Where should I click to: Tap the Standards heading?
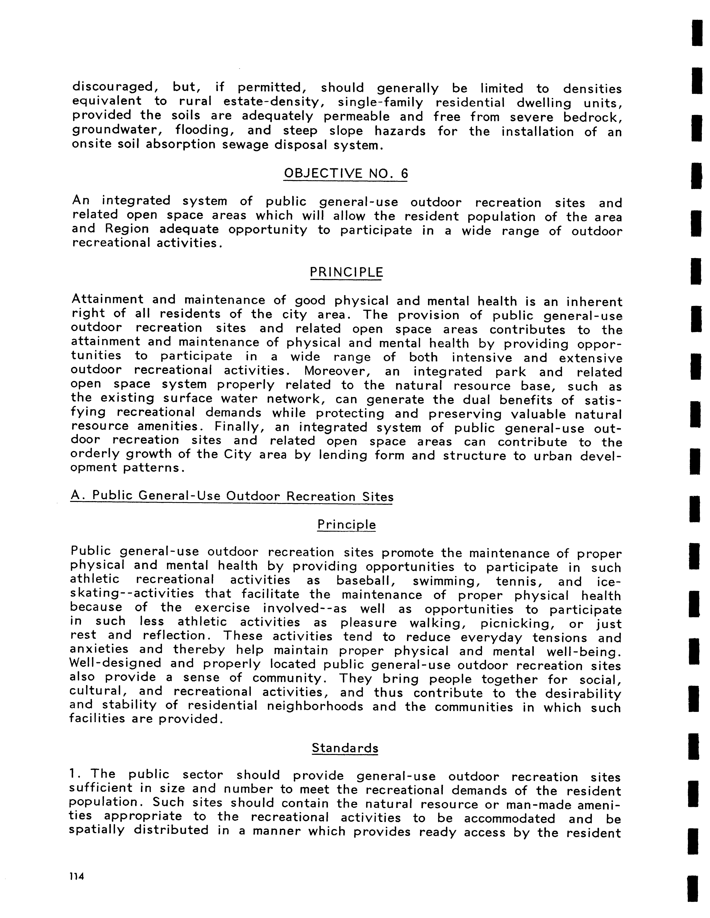click(x=345, y=748)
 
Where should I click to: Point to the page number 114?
click(x=77, y=876)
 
